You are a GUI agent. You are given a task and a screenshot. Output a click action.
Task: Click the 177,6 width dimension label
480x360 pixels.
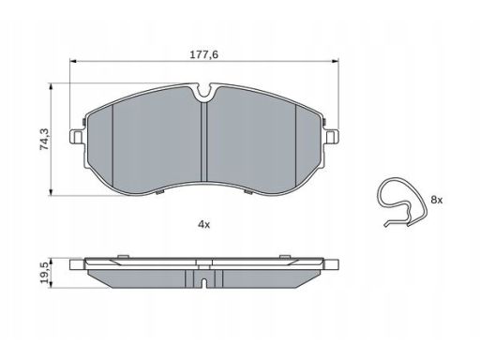204,54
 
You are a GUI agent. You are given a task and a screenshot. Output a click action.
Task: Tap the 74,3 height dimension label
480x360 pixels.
44,140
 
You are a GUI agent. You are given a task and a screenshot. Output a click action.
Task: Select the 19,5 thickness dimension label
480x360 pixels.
44,273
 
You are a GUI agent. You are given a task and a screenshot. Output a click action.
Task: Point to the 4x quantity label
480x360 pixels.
204,224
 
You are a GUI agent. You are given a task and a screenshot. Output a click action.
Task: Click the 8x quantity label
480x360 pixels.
437,200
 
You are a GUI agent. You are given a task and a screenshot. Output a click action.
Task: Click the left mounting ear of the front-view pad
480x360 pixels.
76,137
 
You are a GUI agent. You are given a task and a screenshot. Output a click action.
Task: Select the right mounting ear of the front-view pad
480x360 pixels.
332,137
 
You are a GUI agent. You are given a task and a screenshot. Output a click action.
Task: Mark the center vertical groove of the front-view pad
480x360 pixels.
204,142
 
